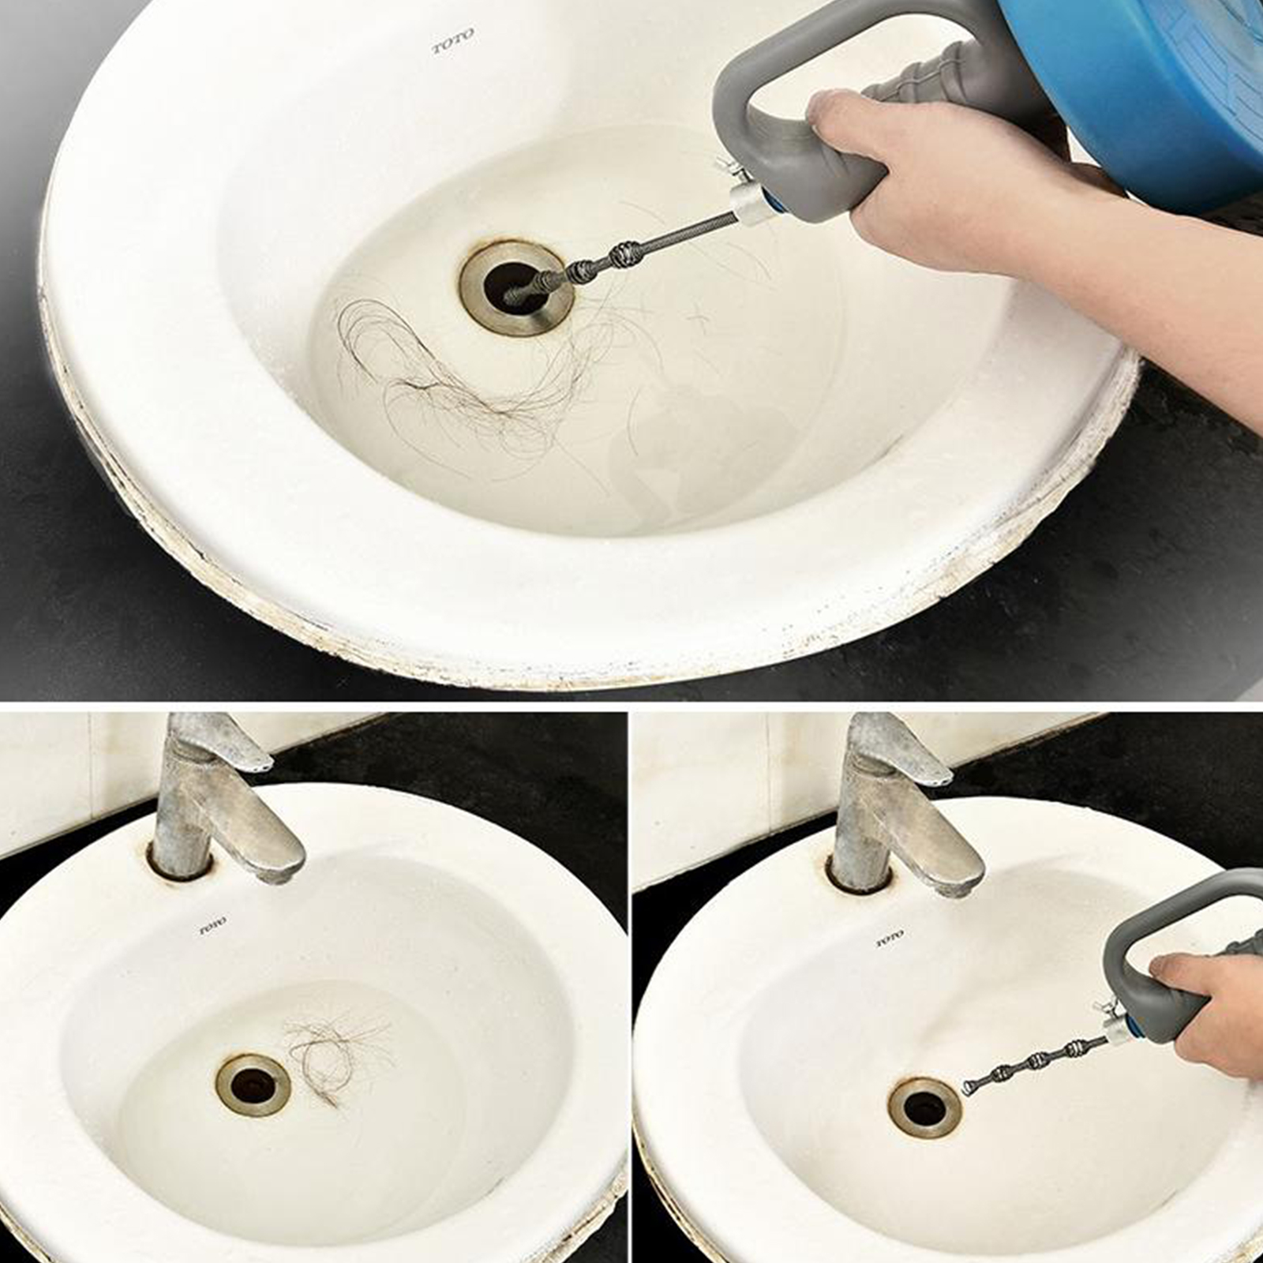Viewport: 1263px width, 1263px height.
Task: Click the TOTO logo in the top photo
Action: (453, 41)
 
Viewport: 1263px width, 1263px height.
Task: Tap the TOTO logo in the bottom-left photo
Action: (212, 924)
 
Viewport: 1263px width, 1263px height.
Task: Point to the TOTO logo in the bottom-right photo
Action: (889, 939)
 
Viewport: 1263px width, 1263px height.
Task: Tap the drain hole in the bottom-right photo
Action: (924, 1107)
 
